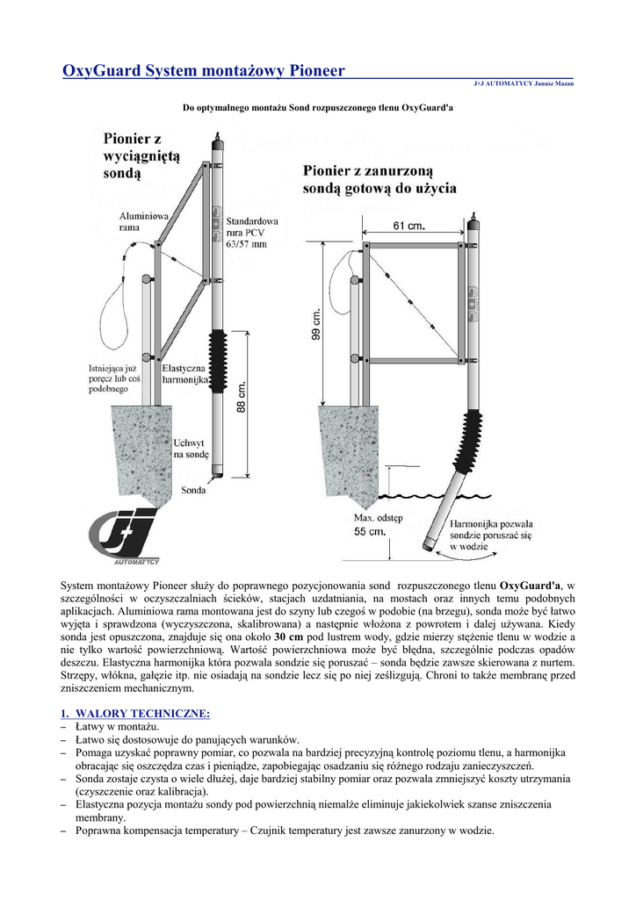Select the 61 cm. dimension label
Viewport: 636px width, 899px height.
(x=409, y=227)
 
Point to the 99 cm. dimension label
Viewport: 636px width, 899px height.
(x=319, y=327)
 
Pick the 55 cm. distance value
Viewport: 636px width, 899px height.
(x=370, y=532)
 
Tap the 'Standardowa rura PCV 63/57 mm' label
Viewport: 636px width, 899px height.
(x=252, y=233)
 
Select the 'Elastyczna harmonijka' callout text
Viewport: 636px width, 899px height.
(x=186, y=372)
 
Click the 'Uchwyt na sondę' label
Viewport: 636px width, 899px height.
(x=192, y=449)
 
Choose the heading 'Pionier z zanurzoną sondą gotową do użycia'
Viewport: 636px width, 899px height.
(x=379, y=180)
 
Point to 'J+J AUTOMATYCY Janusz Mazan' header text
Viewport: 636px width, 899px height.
(x=524, y=83)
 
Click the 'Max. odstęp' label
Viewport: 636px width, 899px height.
(x=376, y=518)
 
